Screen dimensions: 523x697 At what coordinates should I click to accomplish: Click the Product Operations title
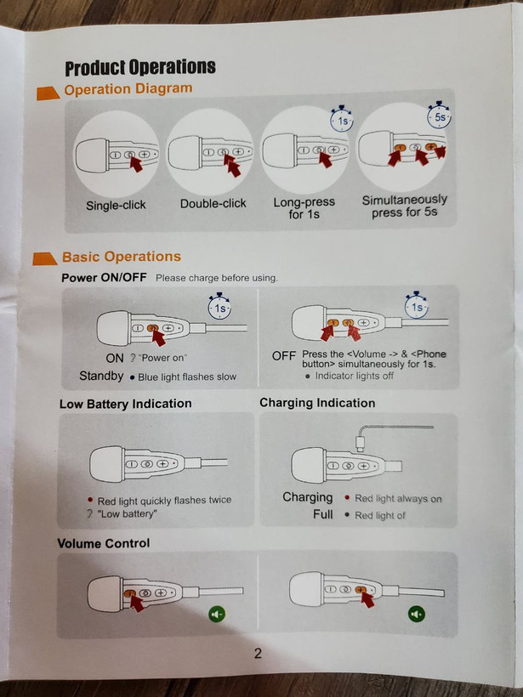(x=140, y=67)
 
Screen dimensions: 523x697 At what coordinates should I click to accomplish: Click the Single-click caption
(x=116, y=206)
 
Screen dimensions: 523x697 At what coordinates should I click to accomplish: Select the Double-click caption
(x=213, y=204)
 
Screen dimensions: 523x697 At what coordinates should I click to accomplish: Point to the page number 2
(x=258, y=653)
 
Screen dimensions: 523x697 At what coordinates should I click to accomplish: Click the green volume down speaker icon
(x=217, y=615)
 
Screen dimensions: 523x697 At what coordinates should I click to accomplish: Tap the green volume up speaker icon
(x=417, y=615)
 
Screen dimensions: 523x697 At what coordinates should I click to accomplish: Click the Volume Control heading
(x=104, y=543)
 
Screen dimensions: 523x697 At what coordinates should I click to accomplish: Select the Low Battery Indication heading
(x=125, y=404)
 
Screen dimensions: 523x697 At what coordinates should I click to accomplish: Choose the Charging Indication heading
(x=317, y=403)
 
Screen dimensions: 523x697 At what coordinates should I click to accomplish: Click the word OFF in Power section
(x=284, y=356)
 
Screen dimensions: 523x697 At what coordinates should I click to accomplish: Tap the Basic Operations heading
(x=122, y=257)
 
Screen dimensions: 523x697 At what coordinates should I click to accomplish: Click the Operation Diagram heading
(x=128, y=88)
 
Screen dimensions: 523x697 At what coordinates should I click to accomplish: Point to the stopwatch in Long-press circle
(x=342, y=119)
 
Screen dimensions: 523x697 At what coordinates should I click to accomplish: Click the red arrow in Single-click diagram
(x=135, y=162)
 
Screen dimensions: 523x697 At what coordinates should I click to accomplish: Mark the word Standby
(x=101, y=376)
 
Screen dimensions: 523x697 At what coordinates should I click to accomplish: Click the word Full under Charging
(x=323, y=514)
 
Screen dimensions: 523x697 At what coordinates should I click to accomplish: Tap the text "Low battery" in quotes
(x=127, y=514)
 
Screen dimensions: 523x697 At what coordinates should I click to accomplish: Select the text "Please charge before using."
(x=217, y=278)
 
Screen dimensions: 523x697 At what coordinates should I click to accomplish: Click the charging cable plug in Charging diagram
(x=361, y=445)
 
